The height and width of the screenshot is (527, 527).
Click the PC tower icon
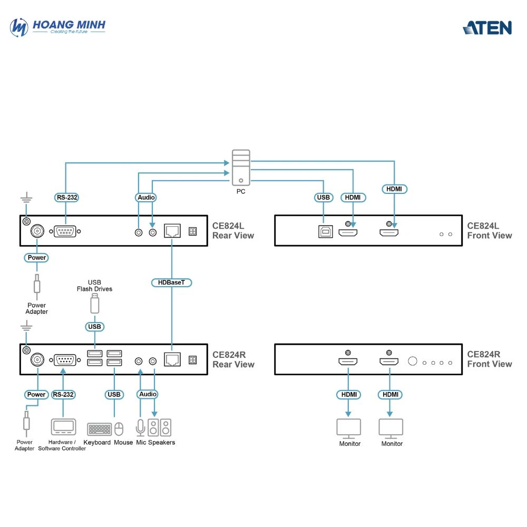click(x=241, y=168)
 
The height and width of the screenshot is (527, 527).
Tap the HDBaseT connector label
click(x=172, y=282)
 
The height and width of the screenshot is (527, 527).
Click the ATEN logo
click(x=487, y=27)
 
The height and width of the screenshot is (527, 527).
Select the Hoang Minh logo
click(x=58, y=26)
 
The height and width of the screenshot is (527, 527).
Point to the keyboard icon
click(x=99, y=428)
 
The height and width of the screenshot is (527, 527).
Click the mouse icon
click(x=119, y=428)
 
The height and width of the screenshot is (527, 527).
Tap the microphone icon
click(x=140, y=427)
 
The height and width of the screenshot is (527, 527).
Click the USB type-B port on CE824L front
click(x=325, y=231)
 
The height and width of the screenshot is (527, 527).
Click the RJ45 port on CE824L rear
click(x=172, y=231)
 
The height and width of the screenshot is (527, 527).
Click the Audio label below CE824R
click(x=147, y=394)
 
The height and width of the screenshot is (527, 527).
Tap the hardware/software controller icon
click(x=63, y=427)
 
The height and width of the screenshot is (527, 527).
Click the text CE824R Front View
click(x=489, y=359)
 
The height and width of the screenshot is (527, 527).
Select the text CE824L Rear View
click(x=233, y=230)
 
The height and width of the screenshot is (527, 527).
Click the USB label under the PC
click(x=323, y=198)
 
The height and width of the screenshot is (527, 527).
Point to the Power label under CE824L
click(x=36, y=258)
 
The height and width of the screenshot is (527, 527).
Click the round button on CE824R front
click(x=413, y=362)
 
